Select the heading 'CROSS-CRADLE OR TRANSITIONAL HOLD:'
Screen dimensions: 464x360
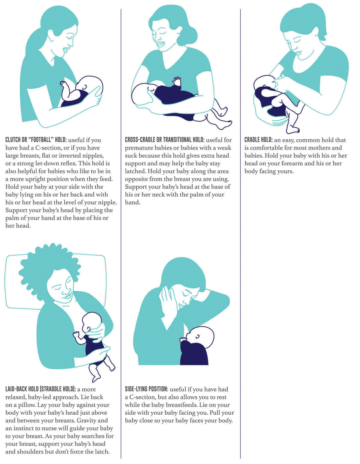pos(164,140)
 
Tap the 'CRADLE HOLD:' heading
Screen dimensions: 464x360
pos(258,140)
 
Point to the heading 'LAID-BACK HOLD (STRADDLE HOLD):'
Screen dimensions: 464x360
pos(40,389)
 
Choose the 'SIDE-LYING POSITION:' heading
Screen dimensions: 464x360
pos(146,389)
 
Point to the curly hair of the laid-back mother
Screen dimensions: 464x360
pos(45,264)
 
